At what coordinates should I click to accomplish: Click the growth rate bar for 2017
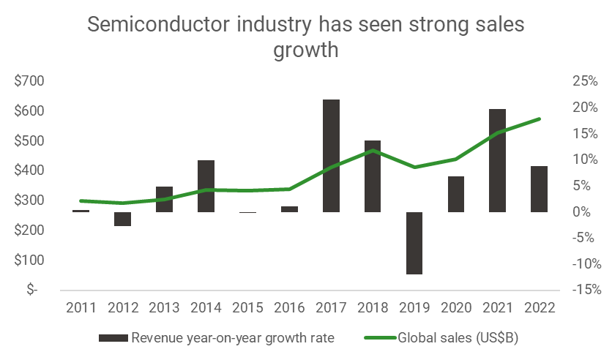pos(331,156)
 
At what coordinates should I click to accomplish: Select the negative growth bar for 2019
pos(414,243)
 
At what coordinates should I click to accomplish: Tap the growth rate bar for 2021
pos(498,161)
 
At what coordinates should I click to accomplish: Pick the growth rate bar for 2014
pos(206,186)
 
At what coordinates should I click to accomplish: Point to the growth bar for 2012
pos(122,219)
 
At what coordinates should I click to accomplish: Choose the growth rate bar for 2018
pos(373,176)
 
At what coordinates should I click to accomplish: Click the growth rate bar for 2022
pos(540,189)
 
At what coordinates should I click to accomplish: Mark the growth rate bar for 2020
pos(456,194)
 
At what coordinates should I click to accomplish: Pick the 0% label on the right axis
pos(587,211)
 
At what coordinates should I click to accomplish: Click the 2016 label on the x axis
pos(289,307)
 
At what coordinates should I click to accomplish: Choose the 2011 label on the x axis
pos(81,307)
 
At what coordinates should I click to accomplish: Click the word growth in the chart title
pos(306,51)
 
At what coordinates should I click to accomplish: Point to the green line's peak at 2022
pos(540,119)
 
